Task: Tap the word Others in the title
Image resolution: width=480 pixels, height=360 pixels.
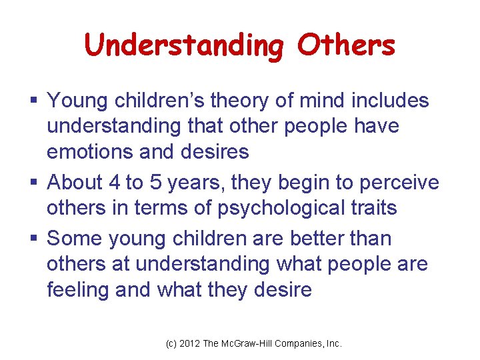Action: [346, 45]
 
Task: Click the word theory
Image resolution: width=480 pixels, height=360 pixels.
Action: [235, 101]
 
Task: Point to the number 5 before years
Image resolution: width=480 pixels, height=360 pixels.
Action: [163, 182]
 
